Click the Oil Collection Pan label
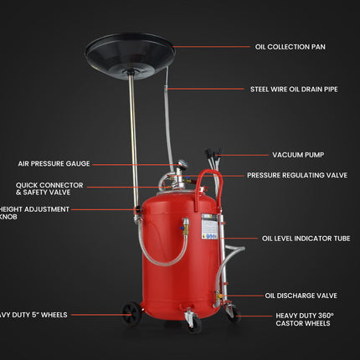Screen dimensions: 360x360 [x=290, y=47]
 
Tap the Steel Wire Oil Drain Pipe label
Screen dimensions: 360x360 [x=294, y=89]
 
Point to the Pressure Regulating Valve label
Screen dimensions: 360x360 [x=296, y=176]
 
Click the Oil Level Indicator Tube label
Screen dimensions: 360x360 [x=306, y=239]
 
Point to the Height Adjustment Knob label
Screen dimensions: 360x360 [x=34, y=213]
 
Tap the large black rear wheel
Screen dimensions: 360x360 [x=131, y=314]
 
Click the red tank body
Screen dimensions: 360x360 [x=167, y=260]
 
